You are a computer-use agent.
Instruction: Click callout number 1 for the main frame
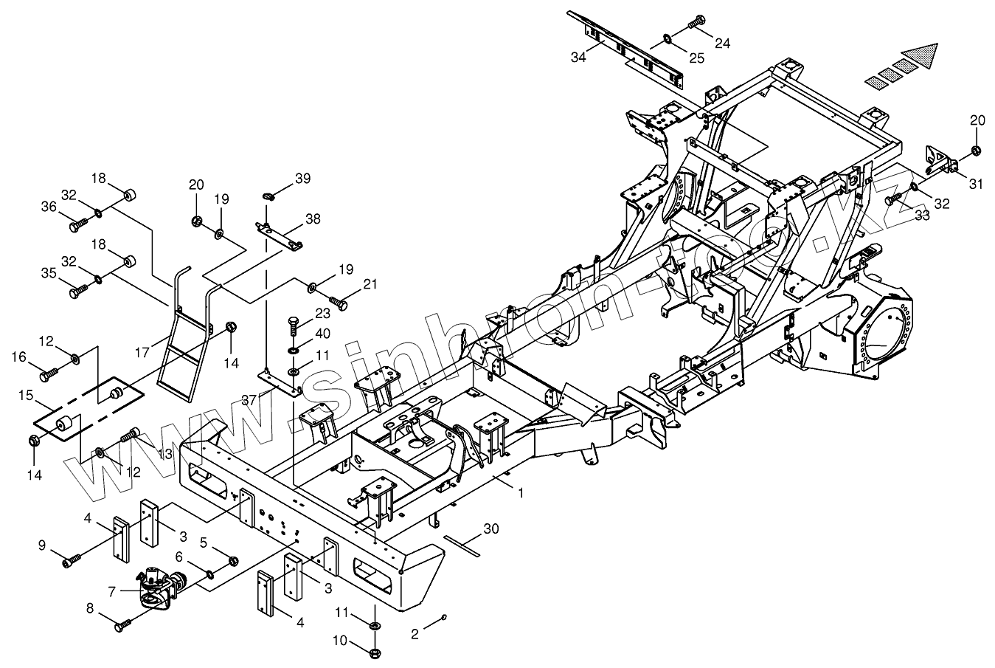coord(521,492)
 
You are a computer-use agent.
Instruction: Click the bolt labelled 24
coord(696,24)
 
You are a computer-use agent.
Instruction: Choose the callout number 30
coord(491,528)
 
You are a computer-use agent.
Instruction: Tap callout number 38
coord(313,218)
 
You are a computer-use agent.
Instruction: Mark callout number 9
coord(42,545)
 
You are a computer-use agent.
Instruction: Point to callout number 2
coord(415,633)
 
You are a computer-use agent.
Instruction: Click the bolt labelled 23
coord(293,323)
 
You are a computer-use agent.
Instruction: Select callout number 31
coord(976,185)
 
